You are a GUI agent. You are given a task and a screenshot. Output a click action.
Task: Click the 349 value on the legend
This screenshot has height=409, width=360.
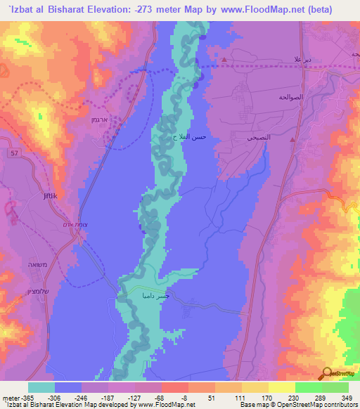tap(345, 397)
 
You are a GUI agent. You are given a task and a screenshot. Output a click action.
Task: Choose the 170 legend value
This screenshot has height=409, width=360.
tap(266, 397)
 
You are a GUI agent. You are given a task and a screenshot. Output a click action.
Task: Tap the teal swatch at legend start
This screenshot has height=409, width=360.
tap(41, 387)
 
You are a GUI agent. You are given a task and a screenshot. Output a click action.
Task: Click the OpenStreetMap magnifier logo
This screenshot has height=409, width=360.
tap(328, 373)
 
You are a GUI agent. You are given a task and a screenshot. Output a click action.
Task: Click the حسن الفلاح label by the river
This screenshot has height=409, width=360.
tap(191, 137)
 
